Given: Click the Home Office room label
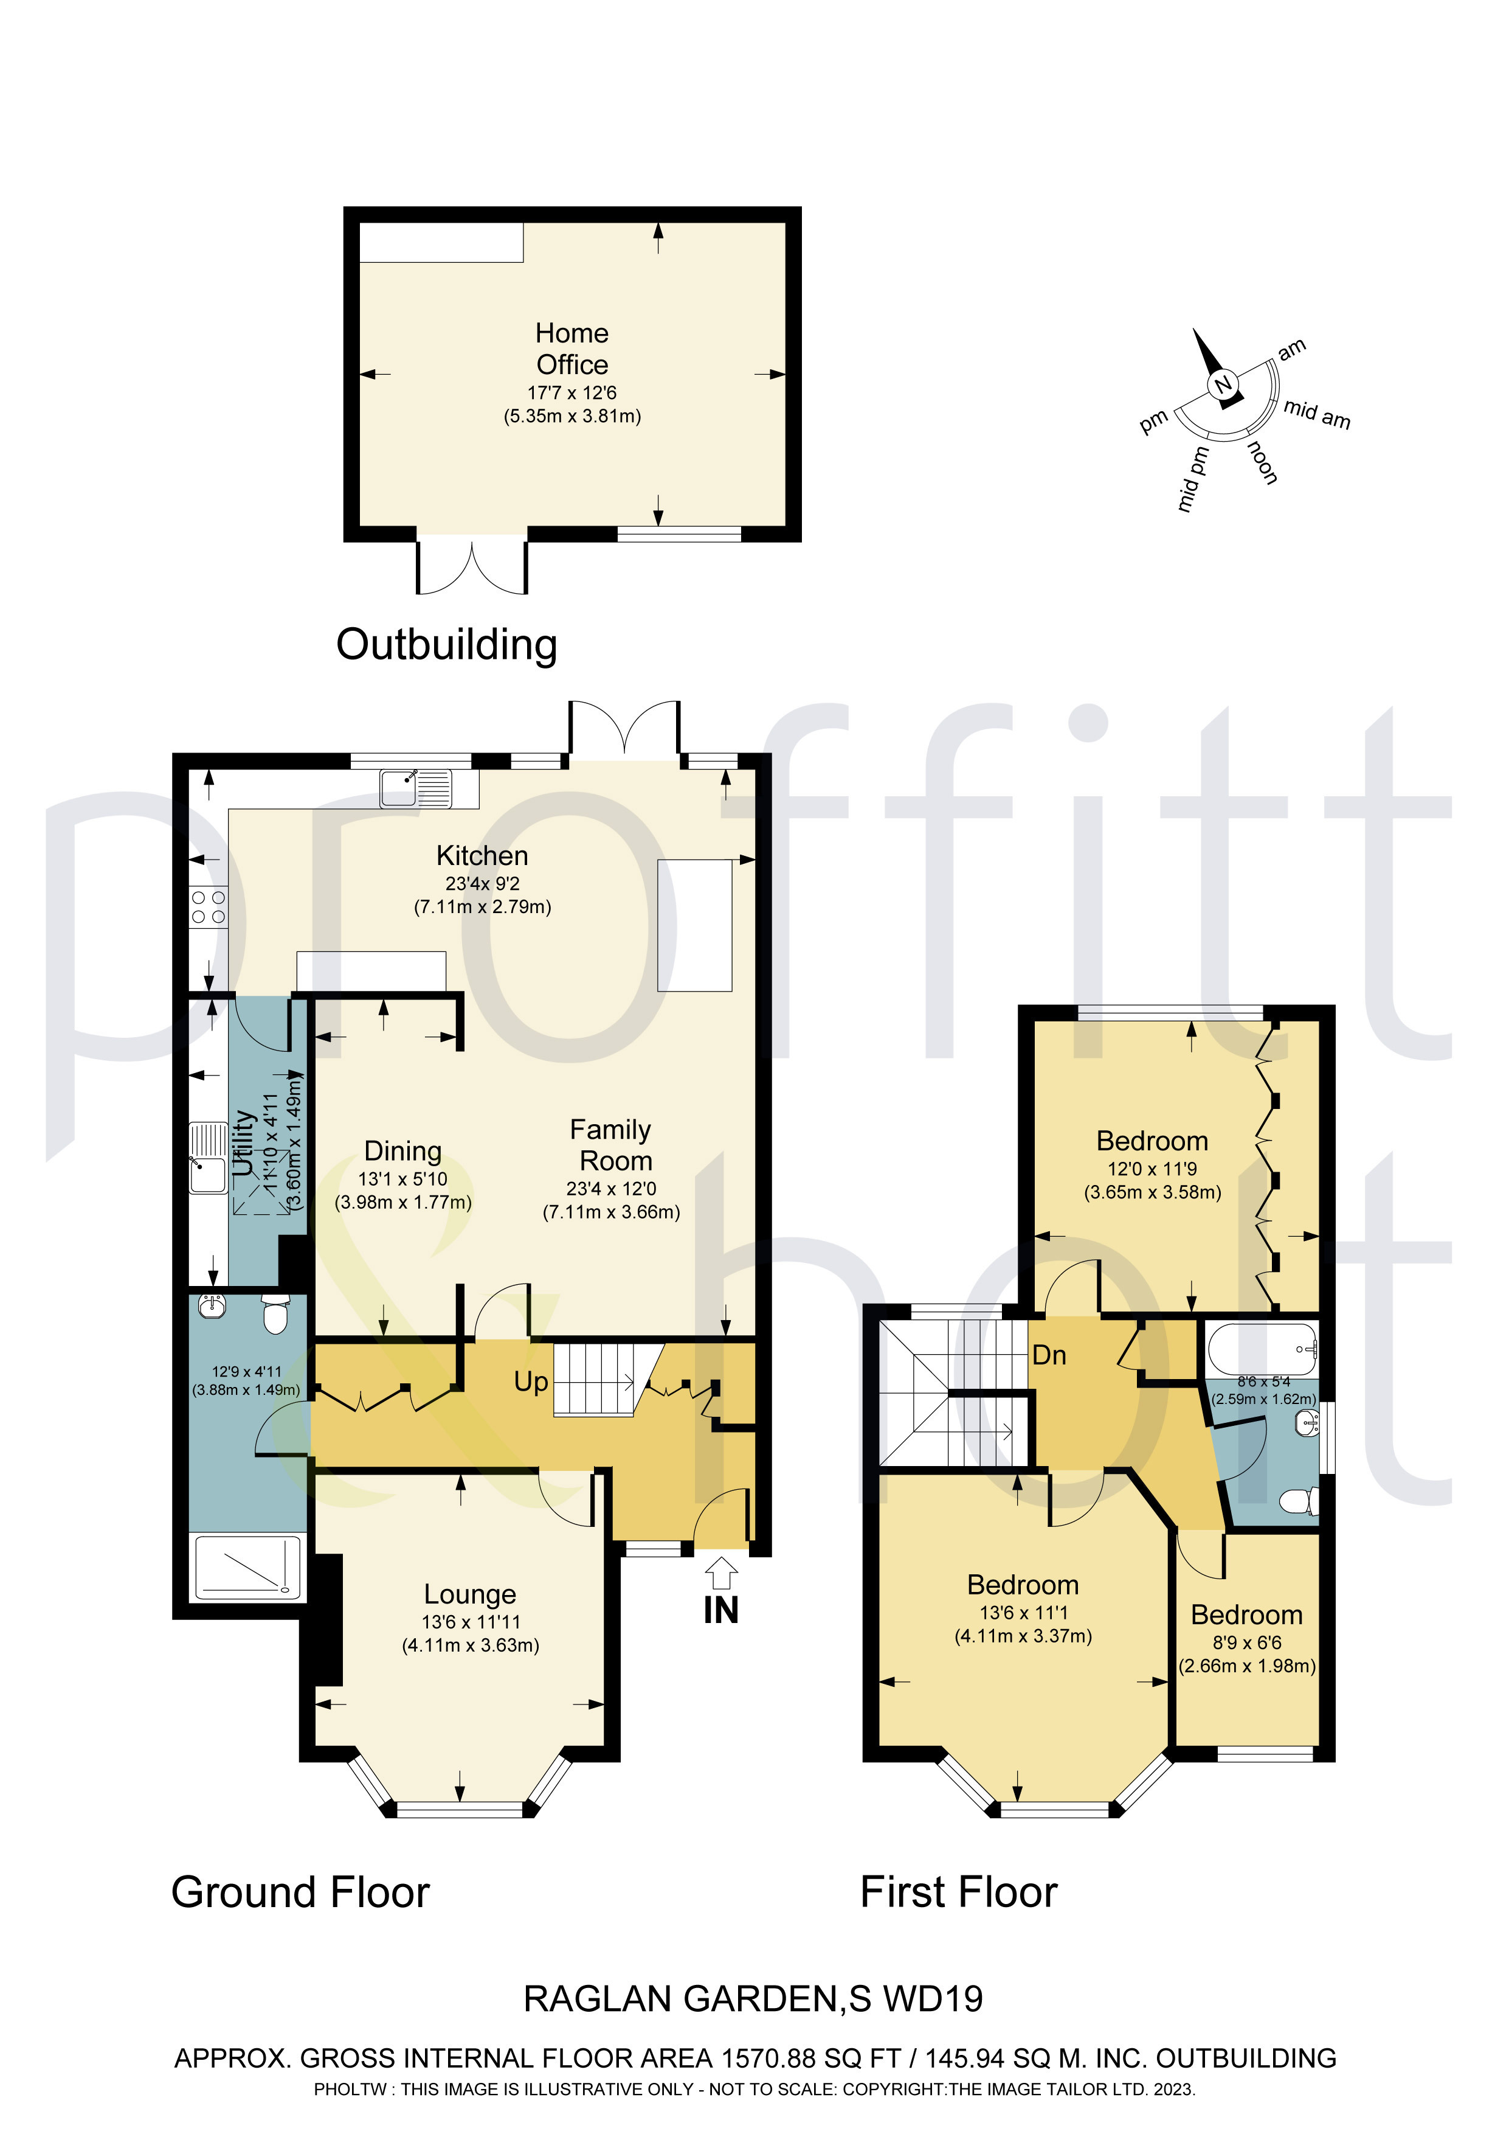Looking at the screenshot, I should (571, 349).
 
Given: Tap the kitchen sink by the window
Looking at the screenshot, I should (415, 788).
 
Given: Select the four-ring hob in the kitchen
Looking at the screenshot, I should (207, 906).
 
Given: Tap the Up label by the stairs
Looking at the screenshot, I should (531, 1382).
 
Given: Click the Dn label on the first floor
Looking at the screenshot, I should (1049, 1355).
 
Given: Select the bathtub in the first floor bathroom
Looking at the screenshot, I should (1261, 1349).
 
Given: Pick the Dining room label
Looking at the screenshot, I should (402, 1151).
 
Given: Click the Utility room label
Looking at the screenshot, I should (243, 1142).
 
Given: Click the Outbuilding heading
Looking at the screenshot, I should (446, 644).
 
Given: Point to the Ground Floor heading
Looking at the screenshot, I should (300, 1892).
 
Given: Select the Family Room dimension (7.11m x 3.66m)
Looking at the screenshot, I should (612, 1212).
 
